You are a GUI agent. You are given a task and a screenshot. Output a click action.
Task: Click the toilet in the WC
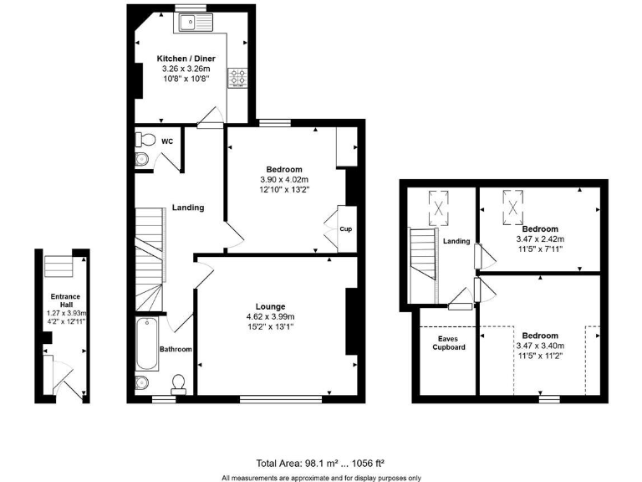pos(143,141)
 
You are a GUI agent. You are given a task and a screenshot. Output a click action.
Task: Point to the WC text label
pos(167,141)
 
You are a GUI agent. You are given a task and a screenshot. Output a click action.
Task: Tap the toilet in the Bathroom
pos(177,384)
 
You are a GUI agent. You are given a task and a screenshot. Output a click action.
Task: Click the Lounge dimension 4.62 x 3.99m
pos(270,317)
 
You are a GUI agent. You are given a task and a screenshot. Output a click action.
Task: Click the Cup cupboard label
pos(344,228)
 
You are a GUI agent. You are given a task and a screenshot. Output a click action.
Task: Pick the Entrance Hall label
pos(64,301)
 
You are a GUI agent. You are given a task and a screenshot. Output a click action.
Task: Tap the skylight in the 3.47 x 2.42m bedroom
pos(512,206)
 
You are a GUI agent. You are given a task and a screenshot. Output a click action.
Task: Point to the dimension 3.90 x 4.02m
pos(284,179)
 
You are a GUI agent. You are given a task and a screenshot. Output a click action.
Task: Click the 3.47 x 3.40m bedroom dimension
pos(539,346)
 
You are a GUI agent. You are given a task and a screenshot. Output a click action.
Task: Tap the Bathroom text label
pos(176,349)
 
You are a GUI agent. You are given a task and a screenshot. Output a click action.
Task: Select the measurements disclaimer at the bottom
pos(321,478)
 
